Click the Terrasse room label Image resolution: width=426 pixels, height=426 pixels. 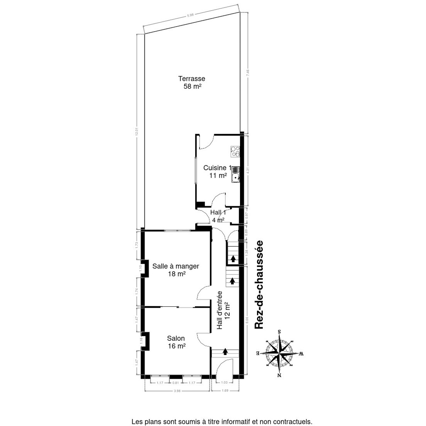click(x=192, y=79)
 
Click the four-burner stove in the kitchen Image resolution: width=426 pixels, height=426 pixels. click(x=235, y=152)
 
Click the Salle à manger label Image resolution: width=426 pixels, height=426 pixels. click(x=175, y=266)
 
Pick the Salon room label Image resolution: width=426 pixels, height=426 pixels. click(x=176, y=338)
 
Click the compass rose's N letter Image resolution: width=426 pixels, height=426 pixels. click(x=280, y=376)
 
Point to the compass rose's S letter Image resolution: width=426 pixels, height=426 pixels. click(x=280, y=332)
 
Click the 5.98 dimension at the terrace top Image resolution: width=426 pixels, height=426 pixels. click(x=191, y=15)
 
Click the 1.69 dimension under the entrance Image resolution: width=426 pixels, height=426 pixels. click(x=225, y=391)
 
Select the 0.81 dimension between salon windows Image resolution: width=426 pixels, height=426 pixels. click(x=175, y=383)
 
